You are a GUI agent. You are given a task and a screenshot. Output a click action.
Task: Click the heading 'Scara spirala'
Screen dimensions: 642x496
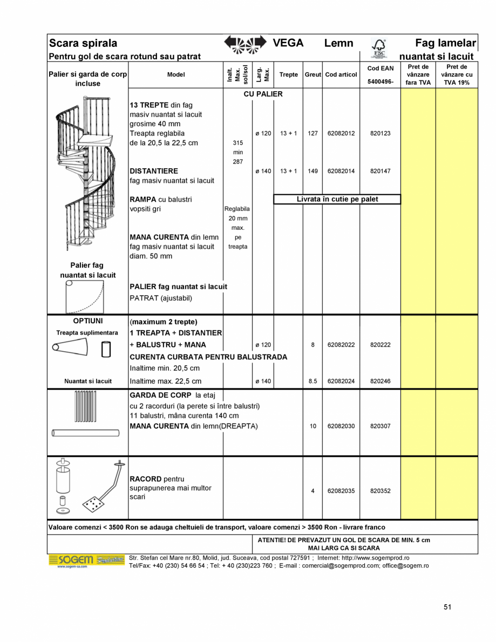point(83,43)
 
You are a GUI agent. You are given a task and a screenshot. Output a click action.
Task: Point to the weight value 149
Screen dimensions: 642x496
point(312,171)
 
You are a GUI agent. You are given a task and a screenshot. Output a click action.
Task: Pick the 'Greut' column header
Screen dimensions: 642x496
point(312,74)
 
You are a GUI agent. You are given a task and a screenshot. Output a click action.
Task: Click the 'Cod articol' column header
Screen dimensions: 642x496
point(341,74)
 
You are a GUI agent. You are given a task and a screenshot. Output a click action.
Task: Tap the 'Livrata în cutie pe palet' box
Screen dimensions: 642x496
point(337,199)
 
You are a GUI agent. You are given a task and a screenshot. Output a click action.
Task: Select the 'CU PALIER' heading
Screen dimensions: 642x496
point(263,94)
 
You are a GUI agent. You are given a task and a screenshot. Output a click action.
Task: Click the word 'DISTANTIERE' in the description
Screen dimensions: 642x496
point(154,171)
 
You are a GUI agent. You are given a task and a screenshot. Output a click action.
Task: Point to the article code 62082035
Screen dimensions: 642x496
point(341,491)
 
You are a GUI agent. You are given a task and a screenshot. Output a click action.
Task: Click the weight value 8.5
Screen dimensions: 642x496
point(312,381)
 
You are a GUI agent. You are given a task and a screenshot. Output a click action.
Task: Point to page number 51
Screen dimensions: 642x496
point(447,607)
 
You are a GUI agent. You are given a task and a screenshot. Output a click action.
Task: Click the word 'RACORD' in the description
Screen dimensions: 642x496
point(145,479)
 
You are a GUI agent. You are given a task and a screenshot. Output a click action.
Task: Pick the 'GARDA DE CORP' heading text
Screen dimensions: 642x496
point(160,395)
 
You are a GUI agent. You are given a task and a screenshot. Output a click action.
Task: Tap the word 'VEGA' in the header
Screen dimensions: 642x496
point(288,43)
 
